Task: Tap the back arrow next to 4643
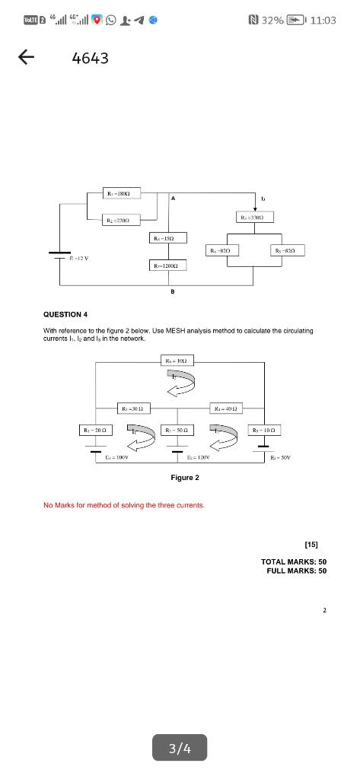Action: pyautogui.click(x=26, y=58)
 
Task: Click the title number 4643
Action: pyautogui.click(x=91, y=58)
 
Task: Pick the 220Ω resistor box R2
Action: pyautogui.click(x=125, y=220)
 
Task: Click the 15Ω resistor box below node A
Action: pyautogui.click(x=167, y=239)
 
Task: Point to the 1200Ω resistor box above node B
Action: pyautogui.click(x=167, y=265)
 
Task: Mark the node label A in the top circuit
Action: pyautogui.click(x=173, y=199)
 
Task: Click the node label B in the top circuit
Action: pyautogui.click(x=173, y=291)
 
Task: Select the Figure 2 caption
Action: pyautogui.click(x=185, y=478)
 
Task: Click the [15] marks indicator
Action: pyautogui.click(x=311, y=544)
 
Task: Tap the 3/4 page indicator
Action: pyautogui.click(x=180, y=749)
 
